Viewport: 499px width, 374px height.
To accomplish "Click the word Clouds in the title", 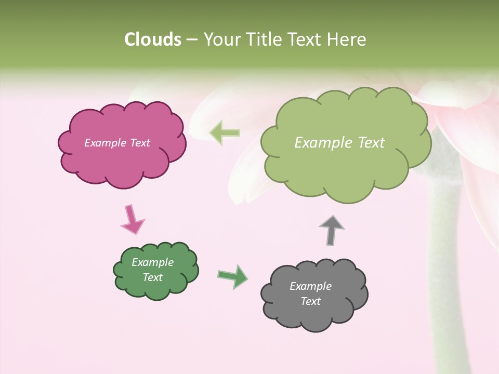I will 153,39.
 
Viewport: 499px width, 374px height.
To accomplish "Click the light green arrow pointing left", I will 225,133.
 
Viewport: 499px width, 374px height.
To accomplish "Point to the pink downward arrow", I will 132,220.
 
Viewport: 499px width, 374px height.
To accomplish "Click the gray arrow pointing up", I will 332,230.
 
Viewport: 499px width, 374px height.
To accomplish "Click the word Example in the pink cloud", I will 103,143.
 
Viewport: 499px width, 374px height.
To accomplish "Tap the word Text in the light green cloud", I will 370,143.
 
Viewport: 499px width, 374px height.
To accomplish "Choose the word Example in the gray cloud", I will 310,286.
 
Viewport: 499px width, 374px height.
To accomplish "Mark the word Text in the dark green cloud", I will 153,277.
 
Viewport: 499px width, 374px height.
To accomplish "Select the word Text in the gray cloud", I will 310,301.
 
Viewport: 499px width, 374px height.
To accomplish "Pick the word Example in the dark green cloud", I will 153,262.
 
